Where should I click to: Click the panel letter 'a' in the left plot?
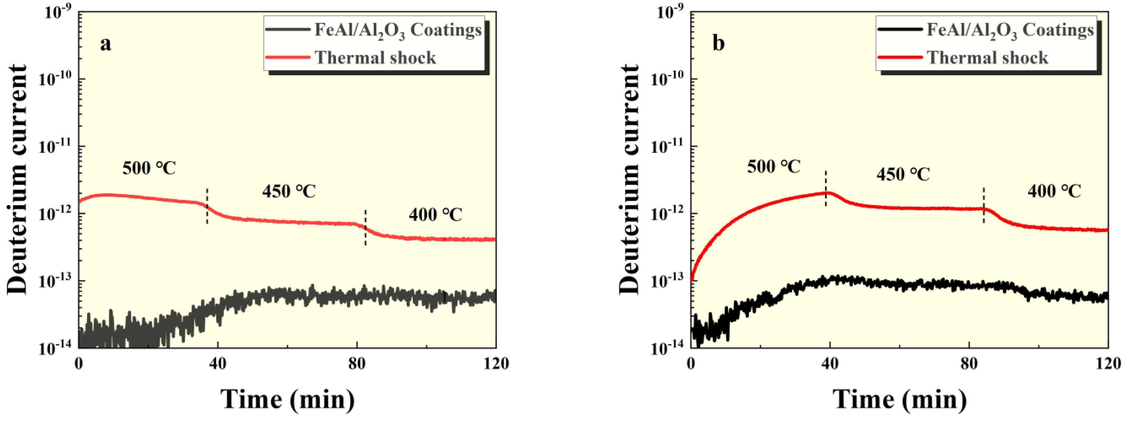click(x=105, y=44)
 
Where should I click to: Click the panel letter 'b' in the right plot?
click(x=718, y=44)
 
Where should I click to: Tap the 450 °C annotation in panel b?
click(x=903, y=174)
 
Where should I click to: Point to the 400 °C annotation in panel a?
click(x=435, y=214)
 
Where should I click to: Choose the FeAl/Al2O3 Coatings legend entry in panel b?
click(x=1010, y=30)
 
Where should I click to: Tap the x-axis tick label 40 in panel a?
click(x=218, y=363)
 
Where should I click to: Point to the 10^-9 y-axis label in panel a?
click(x=58, y=13)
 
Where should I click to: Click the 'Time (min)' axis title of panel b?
click(x=899, y=399)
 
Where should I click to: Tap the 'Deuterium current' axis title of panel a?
click(x=17, y=179)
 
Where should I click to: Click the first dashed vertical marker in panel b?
click(x=826, y=188)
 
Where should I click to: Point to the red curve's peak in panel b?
click(x=826, y=192)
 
